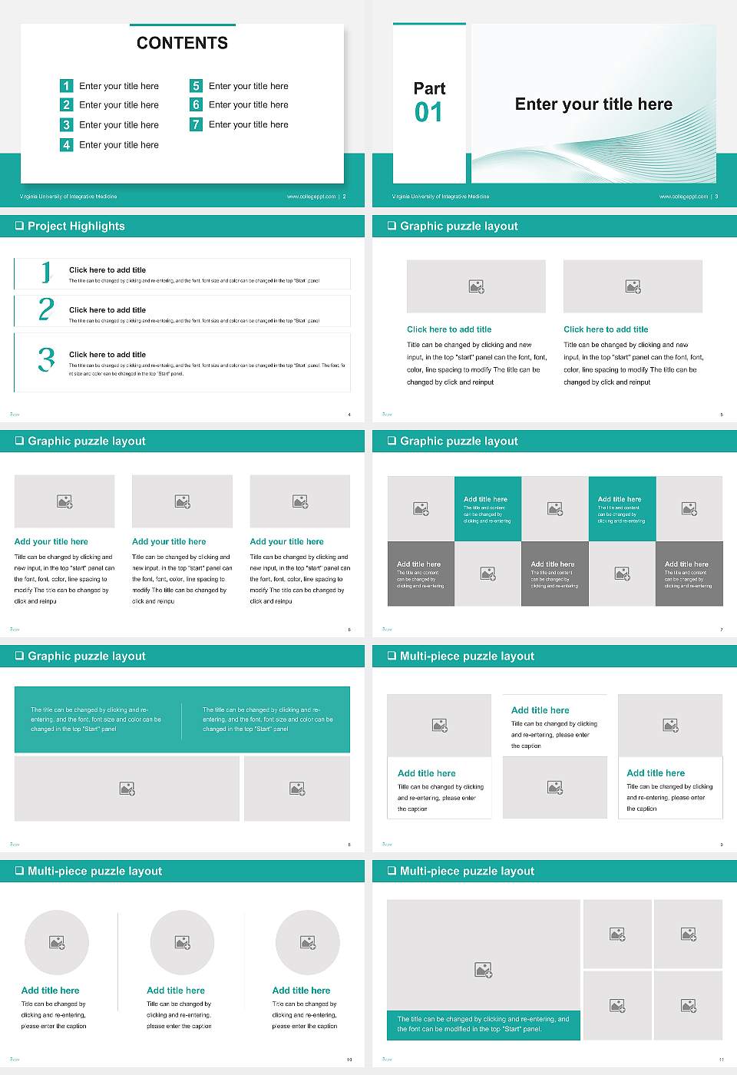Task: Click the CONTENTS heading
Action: [x=182, y=43]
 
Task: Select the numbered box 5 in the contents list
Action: [x=197, y=86]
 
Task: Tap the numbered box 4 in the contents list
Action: [x=67, y=144]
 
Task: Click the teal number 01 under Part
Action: [x=428, y=113]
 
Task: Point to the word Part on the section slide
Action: [x=429, y=88]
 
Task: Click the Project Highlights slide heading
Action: [x=76, y=227]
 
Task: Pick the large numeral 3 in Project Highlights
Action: [x=46, y=359]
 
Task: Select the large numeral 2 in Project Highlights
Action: [x=46, y=309]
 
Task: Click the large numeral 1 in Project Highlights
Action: [x=46, y=272]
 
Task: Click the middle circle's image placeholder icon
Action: [x=182, y=942]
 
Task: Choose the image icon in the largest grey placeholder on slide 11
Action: [x=483, y=971]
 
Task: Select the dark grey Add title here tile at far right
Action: [x=689, y=574]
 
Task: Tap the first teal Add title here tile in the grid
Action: [x=487, y=508]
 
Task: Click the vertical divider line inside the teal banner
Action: [x=182, y=719]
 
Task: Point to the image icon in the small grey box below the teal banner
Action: [x=297, y=789]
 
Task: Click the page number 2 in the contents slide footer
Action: [x=344, y=197]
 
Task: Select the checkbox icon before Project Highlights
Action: [x=19, y=227]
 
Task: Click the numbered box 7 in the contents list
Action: [x=197, y=124]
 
